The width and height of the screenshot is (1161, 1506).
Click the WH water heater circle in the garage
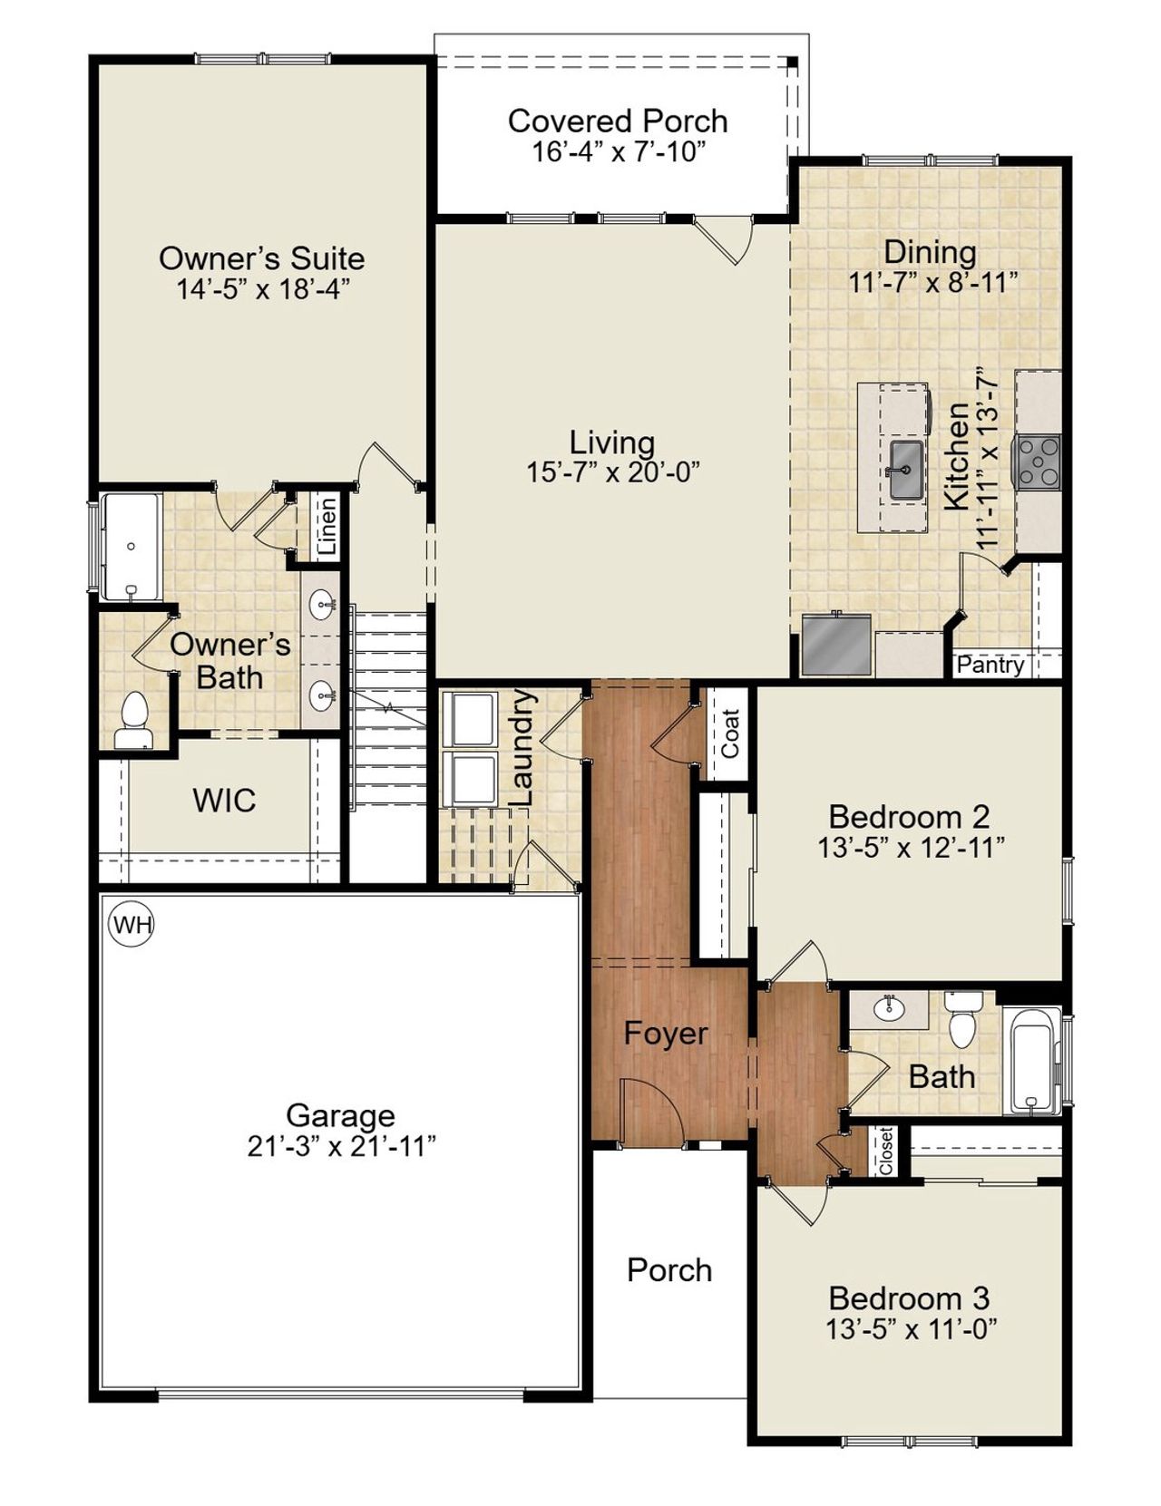[132, 925]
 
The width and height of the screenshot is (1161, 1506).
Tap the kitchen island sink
[905, 470]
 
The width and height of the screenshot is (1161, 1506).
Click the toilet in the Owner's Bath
[134, 722]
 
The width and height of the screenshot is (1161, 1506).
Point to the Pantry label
[990, 666]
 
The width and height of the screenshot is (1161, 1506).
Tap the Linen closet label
[327, 527]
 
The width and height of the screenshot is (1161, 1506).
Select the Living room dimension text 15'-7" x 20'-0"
[613, 472]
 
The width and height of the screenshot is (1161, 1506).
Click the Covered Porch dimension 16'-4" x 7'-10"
[618, 151]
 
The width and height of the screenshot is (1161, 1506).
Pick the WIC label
[224, 801]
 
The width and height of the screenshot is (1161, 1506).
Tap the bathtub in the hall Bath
[1034, 1060]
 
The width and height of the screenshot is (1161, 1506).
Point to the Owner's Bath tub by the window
[131, 547]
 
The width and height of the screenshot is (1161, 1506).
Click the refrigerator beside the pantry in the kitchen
[836, 645]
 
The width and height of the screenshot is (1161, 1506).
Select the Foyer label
[666, 1034]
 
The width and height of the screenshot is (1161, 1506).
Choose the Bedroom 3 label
[909, 1298]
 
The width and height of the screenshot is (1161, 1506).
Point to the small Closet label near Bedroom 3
[886, 1151]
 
